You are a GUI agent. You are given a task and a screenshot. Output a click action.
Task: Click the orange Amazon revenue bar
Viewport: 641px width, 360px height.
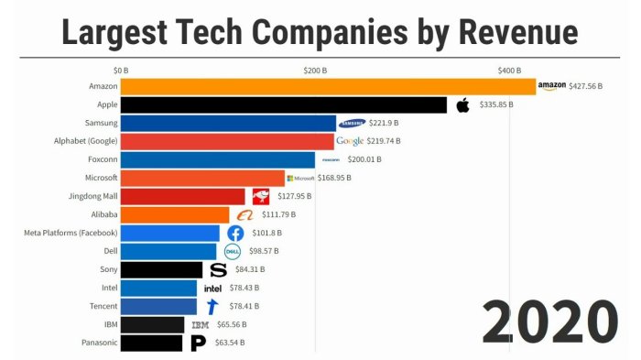328,86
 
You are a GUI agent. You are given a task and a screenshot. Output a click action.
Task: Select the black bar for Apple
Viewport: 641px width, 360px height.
284,104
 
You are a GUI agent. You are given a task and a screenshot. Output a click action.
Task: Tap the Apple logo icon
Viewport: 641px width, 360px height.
462,104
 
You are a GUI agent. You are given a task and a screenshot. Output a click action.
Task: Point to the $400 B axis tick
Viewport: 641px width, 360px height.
509,70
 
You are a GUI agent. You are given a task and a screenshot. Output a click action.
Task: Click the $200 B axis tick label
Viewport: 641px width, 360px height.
315,70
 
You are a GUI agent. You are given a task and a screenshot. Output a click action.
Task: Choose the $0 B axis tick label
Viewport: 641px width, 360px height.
121,70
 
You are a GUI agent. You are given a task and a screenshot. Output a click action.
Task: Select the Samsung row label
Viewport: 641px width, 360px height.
98,123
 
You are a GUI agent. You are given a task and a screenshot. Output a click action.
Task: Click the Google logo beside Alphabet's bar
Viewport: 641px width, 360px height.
350,141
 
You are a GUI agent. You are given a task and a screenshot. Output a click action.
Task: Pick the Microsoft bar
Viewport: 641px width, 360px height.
202,178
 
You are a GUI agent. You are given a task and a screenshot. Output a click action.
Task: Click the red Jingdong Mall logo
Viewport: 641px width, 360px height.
261,196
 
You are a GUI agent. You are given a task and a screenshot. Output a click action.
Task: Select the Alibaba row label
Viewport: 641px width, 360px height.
101,214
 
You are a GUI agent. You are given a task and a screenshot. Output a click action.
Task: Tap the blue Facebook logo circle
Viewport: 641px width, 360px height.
235,233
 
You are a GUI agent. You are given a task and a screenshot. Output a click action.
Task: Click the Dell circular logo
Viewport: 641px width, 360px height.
232,251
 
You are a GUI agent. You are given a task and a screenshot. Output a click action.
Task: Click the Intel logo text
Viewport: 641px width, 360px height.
212,289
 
